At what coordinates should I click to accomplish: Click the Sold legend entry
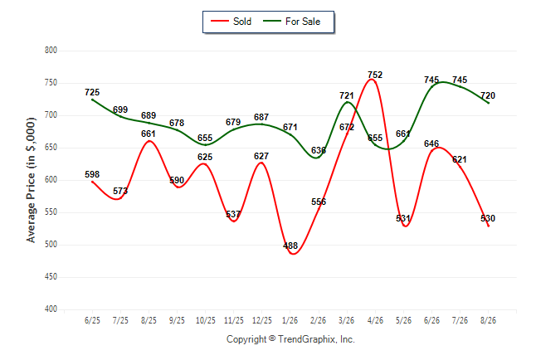pos(231,22)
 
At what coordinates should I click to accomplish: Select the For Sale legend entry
pos(291,22)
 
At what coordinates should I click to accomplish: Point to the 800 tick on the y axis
pos(51,51)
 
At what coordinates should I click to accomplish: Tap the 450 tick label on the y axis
pos(51,276)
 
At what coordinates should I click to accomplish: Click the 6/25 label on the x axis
pos(92,320)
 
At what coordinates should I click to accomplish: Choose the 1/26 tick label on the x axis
pos(290,320)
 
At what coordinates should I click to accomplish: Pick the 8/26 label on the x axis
pos(488,320)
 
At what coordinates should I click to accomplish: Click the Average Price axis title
pos(31,180)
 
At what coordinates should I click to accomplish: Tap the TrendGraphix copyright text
pos(290,339)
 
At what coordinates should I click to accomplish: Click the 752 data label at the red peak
pos(375,75)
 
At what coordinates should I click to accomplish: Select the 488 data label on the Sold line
pos(290,246)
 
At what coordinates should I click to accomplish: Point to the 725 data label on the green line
pos(92,92)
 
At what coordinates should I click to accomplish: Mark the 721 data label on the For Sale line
pos(347,95)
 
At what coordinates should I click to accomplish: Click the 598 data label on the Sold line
pos(92,174)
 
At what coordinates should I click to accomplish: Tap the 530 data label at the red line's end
pos(488,218)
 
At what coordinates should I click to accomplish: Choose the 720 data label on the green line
pos(488,95)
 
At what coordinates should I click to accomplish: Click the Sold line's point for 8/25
pos(149,141)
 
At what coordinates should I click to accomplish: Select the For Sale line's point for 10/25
pos(205,144)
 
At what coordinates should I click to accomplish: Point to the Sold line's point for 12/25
pos(261,163)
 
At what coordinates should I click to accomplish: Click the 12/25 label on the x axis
pos(262,320)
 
